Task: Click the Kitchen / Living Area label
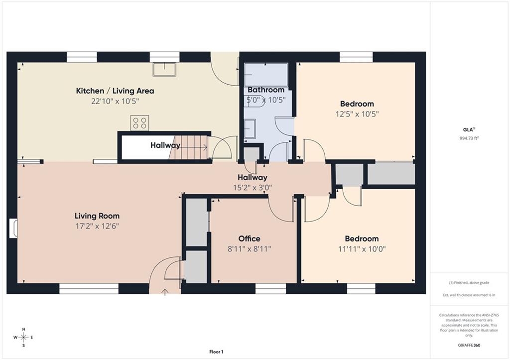pyautogui.click(x=115, y=91)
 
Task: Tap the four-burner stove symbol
pyautogui.click(x=139, y=123)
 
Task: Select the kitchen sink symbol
pyautogui.click(x=164, y=69)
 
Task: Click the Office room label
pyautogui.click(x=249, y=239)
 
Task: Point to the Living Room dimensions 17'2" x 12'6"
pyautogui.click(x=97, y=226)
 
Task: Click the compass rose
pyautogui.click(x=23, y=337)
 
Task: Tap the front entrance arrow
pyautogui.click(x=165, y=292)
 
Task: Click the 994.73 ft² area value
pyautogui.click(x=469, y=138)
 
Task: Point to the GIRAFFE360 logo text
pyautogui.click(x=469, y=345)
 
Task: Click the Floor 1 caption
pyautogui.click(x=216, y=352)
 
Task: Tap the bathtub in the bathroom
pyautogui.click(x=266, y=75)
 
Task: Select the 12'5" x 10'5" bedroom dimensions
pyautogui.click(x=357, y=114)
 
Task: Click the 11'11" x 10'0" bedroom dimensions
pyautogui.click(x=362, y=249)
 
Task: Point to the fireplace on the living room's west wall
pyautogui.click(x=13, y=229)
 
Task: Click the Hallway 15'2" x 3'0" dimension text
pyautogui.click(x=253, y=188)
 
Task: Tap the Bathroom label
pyautogui.click(x=266, y=90)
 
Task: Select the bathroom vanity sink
pyautogui.click(x=250, y=129)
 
